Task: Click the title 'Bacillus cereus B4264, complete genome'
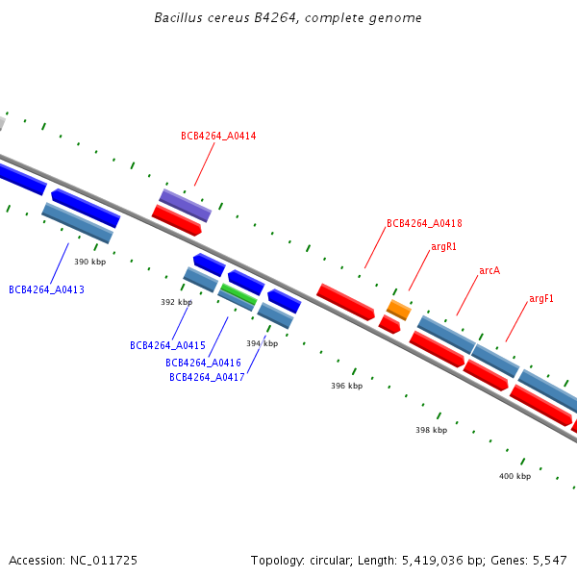pyautogui.click(x=288, y=18)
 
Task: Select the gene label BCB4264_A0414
pyautogui.click(x=218, y=137)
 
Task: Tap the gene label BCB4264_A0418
pyautogui.click(x=424, y=223)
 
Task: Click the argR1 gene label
pyautogui.click(x=443, y=246)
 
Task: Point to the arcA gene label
pyautogui.click(x=489, y=271)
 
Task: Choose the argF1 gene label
pyautogui.click(x=541, y=299)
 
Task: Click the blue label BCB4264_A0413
pyautogui.click(x=46, y=289)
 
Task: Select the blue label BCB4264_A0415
pyautogui.click(x=167, y=345)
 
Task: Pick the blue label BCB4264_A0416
pyautogui.click(x=203, y=363)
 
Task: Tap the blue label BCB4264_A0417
pyautogui.click(x=207, y=377)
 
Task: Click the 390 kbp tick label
pyautogui.click(x=89, y=262)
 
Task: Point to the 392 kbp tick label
pyautogui.click(x=176, y=302)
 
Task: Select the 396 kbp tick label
pyautogui.click(x=346, y=386)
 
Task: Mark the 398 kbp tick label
pyautogui.click(x=431, y=430)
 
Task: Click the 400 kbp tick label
pyautogui.click(x=514, y=476)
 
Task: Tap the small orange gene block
pyautogui.click(x=399, y=310)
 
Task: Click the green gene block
pyautogui.click(x=238, y=293)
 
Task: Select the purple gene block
pyautogui.click(x=185, y=205)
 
